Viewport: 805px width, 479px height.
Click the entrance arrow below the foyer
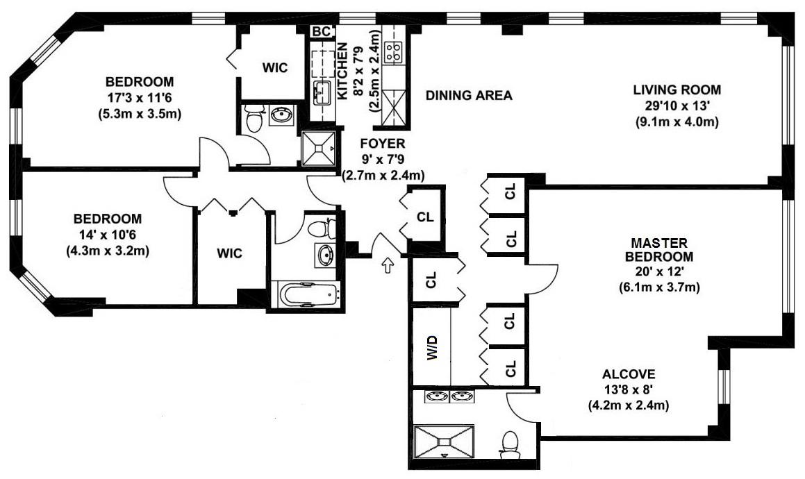388,265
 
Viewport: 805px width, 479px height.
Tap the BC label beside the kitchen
322,31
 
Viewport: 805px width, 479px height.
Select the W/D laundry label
432,348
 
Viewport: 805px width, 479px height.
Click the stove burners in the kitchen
394,52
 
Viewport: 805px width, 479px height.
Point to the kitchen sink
322,93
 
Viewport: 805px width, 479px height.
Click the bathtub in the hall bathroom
309,295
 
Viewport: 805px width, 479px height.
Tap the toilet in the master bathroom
511,445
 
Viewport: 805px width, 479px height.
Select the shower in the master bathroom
444,441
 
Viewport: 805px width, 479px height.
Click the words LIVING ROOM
677,90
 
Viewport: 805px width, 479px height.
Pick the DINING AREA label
469,95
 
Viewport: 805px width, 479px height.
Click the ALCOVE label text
629,373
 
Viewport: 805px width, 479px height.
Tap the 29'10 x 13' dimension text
677,106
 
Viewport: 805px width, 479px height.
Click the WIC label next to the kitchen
274,68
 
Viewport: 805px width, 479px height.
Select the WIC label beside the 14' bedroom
229,253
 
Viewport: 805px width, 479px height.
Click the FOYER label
383,143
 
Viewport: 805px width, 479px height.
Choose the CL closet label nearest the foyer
425,217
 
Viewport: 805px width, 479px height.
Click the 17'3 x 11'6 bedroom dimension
140,98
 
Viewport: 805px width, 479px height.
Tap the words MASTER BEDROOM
659,249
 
